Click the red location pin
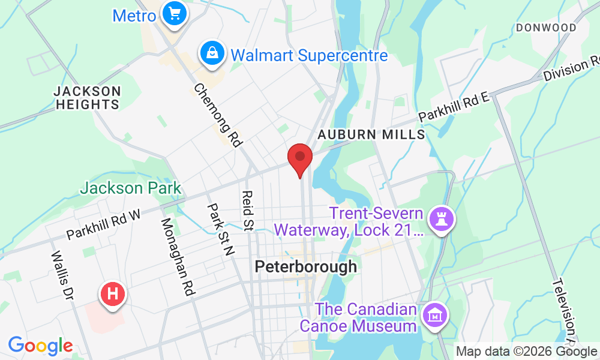pos(300,157)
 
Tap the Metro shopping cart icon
pos(175,13)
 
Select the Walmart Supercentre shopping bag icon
pos(212,53)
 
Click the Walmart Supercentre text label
pos(309,56)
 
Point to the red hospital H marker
pos(112,294)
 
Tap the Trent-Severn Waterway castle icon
pos(443,219)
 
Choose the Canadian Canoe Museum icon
pos(433,314)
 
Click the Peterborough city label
pos(305,266)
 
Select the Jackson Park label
pos(130,188)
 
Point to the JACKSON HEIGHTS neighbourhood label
pos(87,98)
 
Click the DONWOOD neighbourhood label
pos(546,28)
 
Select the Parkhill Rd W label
pos(103,224)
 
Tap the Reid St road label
pos(246,211)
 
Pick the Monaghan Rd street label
pos(177,257)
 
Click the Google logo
pos(40,346)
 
